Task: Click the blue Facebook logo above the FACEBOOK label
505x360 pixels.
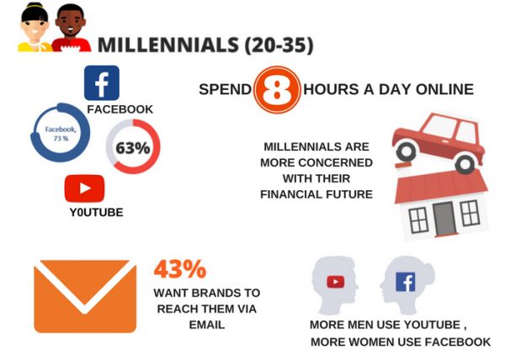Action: [x=102, y=82]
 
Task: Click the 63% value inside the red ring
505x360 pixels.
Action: [x=133, y=149]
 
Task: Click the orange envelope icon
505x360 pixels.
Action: [x=85, y=296]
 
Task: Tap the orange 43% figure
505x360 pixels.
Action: [x=179, y=269]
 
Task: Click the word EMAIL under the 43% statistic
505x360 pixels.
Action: [x=206, y=324]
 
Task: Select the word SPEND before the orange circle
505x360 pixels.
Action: [x=225, y=89]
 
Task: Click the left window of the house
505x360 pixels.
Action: [x=418, y=220]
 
